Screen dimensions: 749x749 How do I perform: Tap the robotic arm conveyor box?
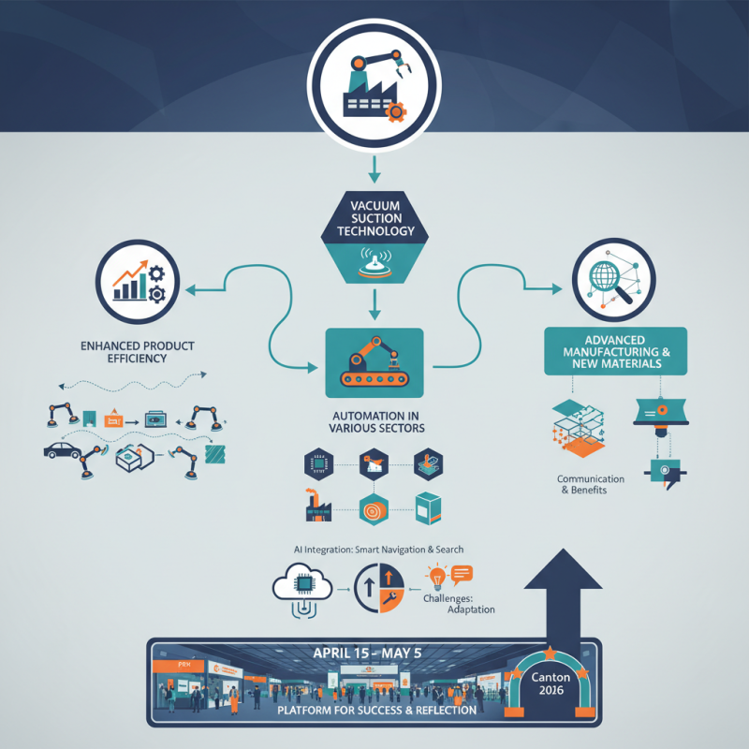pos(374,361)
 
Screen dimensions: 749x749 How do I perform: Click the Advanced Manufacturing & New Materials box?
pos(615,351)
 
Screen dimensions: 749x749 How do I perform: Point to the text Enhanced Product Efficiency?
pos(137,352)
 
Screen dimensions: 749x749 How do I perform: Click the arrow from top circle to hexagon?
pos(374,169)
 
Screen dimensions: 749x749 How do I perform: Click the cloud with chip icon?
pos(303,587)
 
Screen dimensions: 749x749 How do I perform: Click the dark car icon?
pos(62,450)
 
